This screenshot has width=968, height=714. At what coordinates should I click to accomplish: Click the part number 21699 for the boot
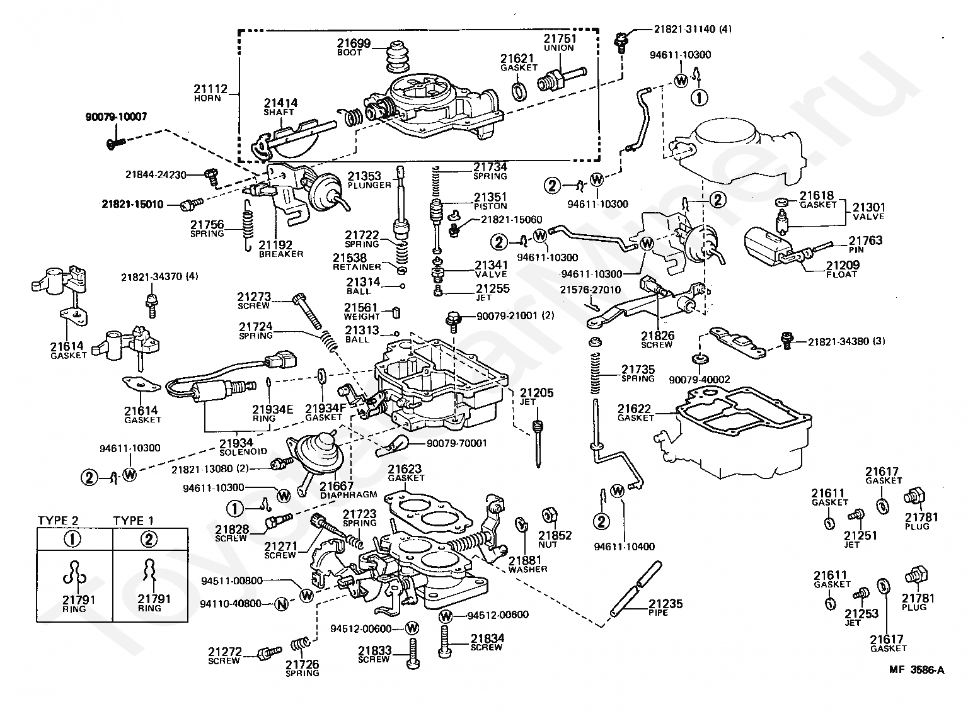coord(354,43)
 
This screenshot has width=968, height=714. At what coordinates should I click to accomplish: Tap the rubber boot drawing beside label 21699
coord(398,56)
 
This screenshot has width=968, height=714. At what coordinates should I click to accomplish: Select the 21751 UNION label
coord(560,43)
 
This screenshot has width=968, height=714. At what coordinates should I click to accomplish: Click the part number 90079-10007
coord(116,116)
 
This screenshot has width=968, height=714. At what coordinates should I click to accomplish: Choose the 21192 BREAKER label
coord(280,249)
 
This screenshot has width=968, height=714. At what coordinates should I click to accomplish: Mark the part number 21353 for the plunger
coord(364,176)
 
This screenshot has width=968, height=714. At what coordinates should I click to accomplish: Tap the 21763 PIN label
coord(865,244)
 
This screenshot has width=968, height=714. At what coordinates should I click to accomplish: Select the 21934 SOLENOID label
coord(243,447)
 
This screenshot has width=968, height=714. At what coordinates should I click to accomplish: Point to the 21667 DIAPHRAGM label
coord(349,490)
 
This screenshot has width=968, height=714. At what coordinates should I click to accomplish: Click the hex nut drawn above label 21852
coord(549,515)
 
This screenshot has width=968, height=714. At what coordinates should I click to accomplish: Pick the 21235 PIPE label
coord(665,608)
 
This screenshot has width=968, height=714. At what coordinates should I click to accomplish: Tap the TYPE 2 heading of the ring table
coord(58,520)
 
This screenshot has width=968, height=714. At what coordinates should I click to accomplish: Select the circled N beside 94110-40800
coord(282,604)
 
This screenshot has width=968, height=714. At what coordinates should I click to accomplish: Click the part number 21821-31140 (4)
coord(693,29)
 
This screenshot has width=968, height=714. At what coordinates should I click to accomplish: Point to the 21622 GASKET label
coord(635,412)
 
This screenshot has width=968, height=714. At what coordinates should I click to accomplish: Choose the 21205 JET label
coord(536,397)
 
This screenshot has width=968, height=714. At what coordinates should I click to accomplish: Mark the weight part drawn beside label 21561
coord(396,312)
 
